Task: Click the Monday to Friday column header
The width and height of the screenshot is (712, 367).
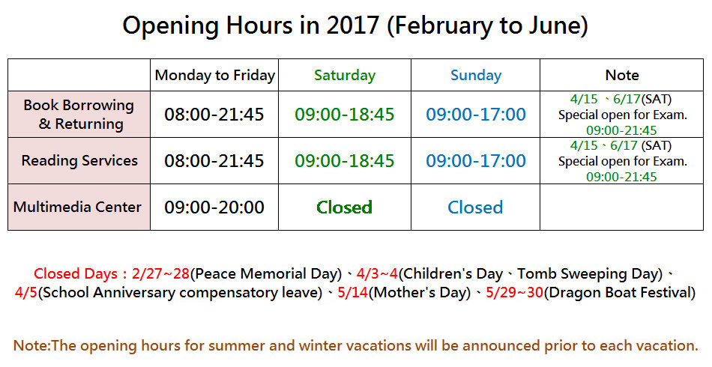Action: tap(215, 76)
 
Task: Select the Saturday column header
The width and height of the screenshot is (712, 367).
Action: tap(345, 76)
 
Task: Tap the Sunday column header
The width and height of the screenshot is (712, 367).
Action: tap(476, 76)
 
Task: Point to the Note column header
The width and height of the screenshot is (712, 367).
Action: tap(622, 76)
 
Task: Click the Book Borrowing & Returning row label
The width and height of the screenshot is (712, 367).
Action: tap(79, 115)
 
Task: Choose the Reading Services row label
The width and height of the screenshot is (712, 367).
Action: tap(79, 160)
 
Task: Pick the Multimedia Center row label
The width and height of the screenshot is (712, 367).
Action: tap(77, 207)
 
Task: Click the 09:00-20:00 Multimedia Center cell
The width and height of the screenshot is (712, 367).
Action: tap(214, 207)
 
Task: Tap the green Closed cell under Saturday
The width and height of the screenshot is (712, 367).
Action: tap(344, 207)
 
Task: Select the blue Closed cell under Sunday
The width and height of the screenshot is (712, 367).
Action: tap(475, 207)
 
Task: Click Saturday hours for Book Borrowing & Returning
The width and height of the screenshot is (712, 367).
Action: tap(345, 115)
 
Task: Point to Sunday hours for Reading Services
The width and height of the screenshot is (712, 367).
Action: tap(476, 160)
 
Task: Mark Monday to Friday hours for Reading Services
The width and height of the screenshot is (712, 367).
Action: tap(214, 160)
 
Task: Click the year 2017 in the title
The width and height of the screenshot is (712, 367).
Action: tap(352, 25)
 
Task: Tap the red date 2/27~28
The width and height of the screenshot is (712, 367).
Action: tap(160, 274)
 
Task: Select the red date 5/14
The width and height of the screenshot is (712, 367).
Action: tap(353, 293)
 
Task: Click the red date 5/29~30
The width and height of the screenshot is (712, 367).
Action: tap(514, 293)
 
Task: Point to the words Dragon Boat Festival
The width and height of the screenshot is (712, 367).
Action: tap(619, 293)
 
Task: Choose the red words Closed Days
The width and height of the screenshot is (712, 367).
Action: tap(76, 274)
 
